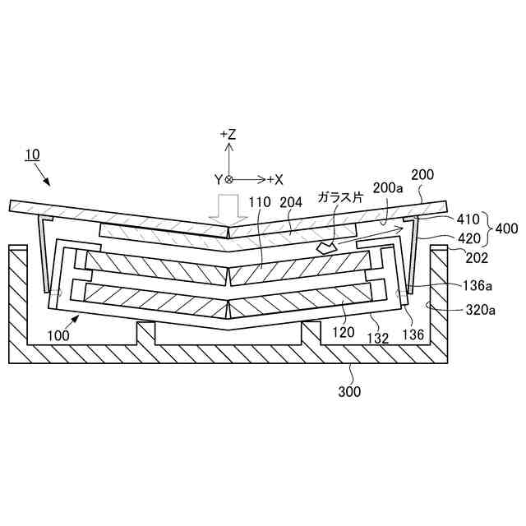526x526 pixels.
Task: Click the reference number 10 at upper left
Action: [32, 155]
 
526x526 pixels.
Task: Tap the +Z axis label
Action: [228, 134]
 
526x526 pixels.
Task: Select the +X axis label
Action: [275, 179]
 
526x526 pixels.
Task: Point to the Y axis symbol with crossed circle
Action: [224, 179]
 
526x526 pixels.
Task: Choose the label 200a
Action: [388, 188]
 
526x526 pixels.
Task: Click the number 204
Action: [292, 202]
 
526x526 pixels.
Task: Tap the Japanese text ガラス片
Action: [339, 198]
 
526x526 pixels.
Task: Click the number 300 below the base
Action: [349, 392]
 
